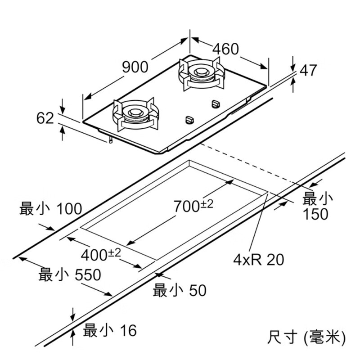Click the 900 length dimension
(135, 67)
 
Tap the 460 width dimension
(225, 49)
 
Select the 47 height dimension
(309, 71)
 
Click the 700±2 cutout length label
(193, 206)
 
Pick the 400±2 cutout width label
(101, 255)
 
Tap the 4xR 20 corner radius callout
(259, 259)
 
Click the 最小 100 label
(51, 209)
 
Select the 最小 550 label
(70, 274)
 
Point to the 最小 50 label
(180, 290)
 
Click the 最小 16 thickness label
(110, 331)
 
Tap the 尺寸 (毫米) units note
(306, 336)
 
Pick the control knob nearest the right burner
(215, 104)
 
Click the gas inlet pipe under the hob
(110, 140)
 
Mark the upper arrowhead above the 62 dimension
(62, 110)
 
